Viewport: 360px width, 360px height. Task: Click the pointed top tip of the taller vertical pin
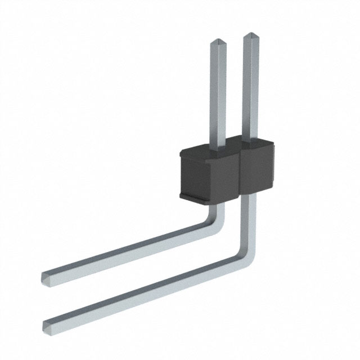[250, 35]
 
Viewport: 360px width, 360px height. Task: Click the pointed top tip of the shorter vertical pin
[217, 42]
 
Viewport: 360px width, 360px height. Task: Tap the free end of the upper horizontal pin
[46, 276]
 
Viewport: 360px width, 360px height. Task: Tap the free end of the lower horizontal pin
[47, 325]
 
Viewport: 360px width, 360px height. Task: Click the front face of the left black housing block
[208, 174]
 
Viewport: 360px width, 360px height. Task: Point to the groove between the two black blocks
[241, 172]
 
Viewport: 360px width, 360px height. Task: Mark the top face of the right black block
[260, 145]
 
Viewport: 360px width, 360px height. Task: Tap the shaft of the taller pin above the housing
[250, 90]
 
